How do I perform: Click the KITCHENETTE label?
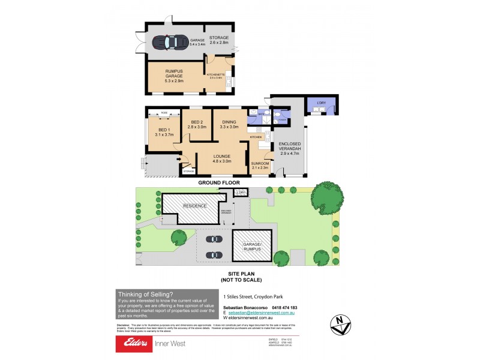tap(215, 76)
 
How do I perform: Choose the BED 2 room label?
tap(197, 124)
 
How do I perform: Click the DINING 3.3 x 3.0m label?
tap(229, 124)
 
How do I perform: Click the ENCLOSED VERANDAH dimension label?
tap(289, 149)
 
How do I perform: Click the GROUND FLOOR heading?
tap(219, 182)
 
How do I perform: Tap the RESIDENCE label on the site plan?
tap(195, 206)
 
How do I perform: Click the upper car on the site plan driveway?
tap(213, 239)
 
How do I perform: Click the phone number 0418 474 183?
tap(284, 308)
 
